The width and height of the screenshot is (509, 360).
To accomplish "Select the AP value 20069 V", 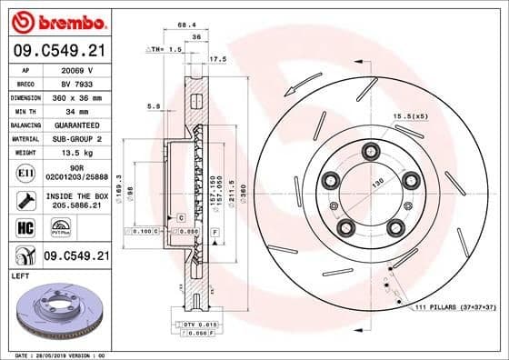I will (x=76, y=69).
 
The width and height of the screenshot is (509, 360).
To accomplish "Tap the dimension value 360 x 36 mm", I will (x=76, y=96).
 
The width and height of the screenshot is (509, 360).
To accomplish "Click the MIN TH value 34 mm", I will (x=76, y=110).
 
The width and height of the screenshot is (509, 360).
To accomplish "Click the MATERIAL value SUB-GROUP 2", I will (x=76, y=138).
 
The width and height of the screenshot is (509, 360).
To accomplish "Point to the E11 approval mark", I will (x=24, y=171).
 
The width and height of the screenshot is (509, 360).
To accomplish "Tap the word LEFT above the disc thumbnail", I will (x=19, y=274).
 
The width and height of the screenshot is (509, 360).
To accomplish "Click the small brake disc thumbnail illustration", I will (x=60, y=308).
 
